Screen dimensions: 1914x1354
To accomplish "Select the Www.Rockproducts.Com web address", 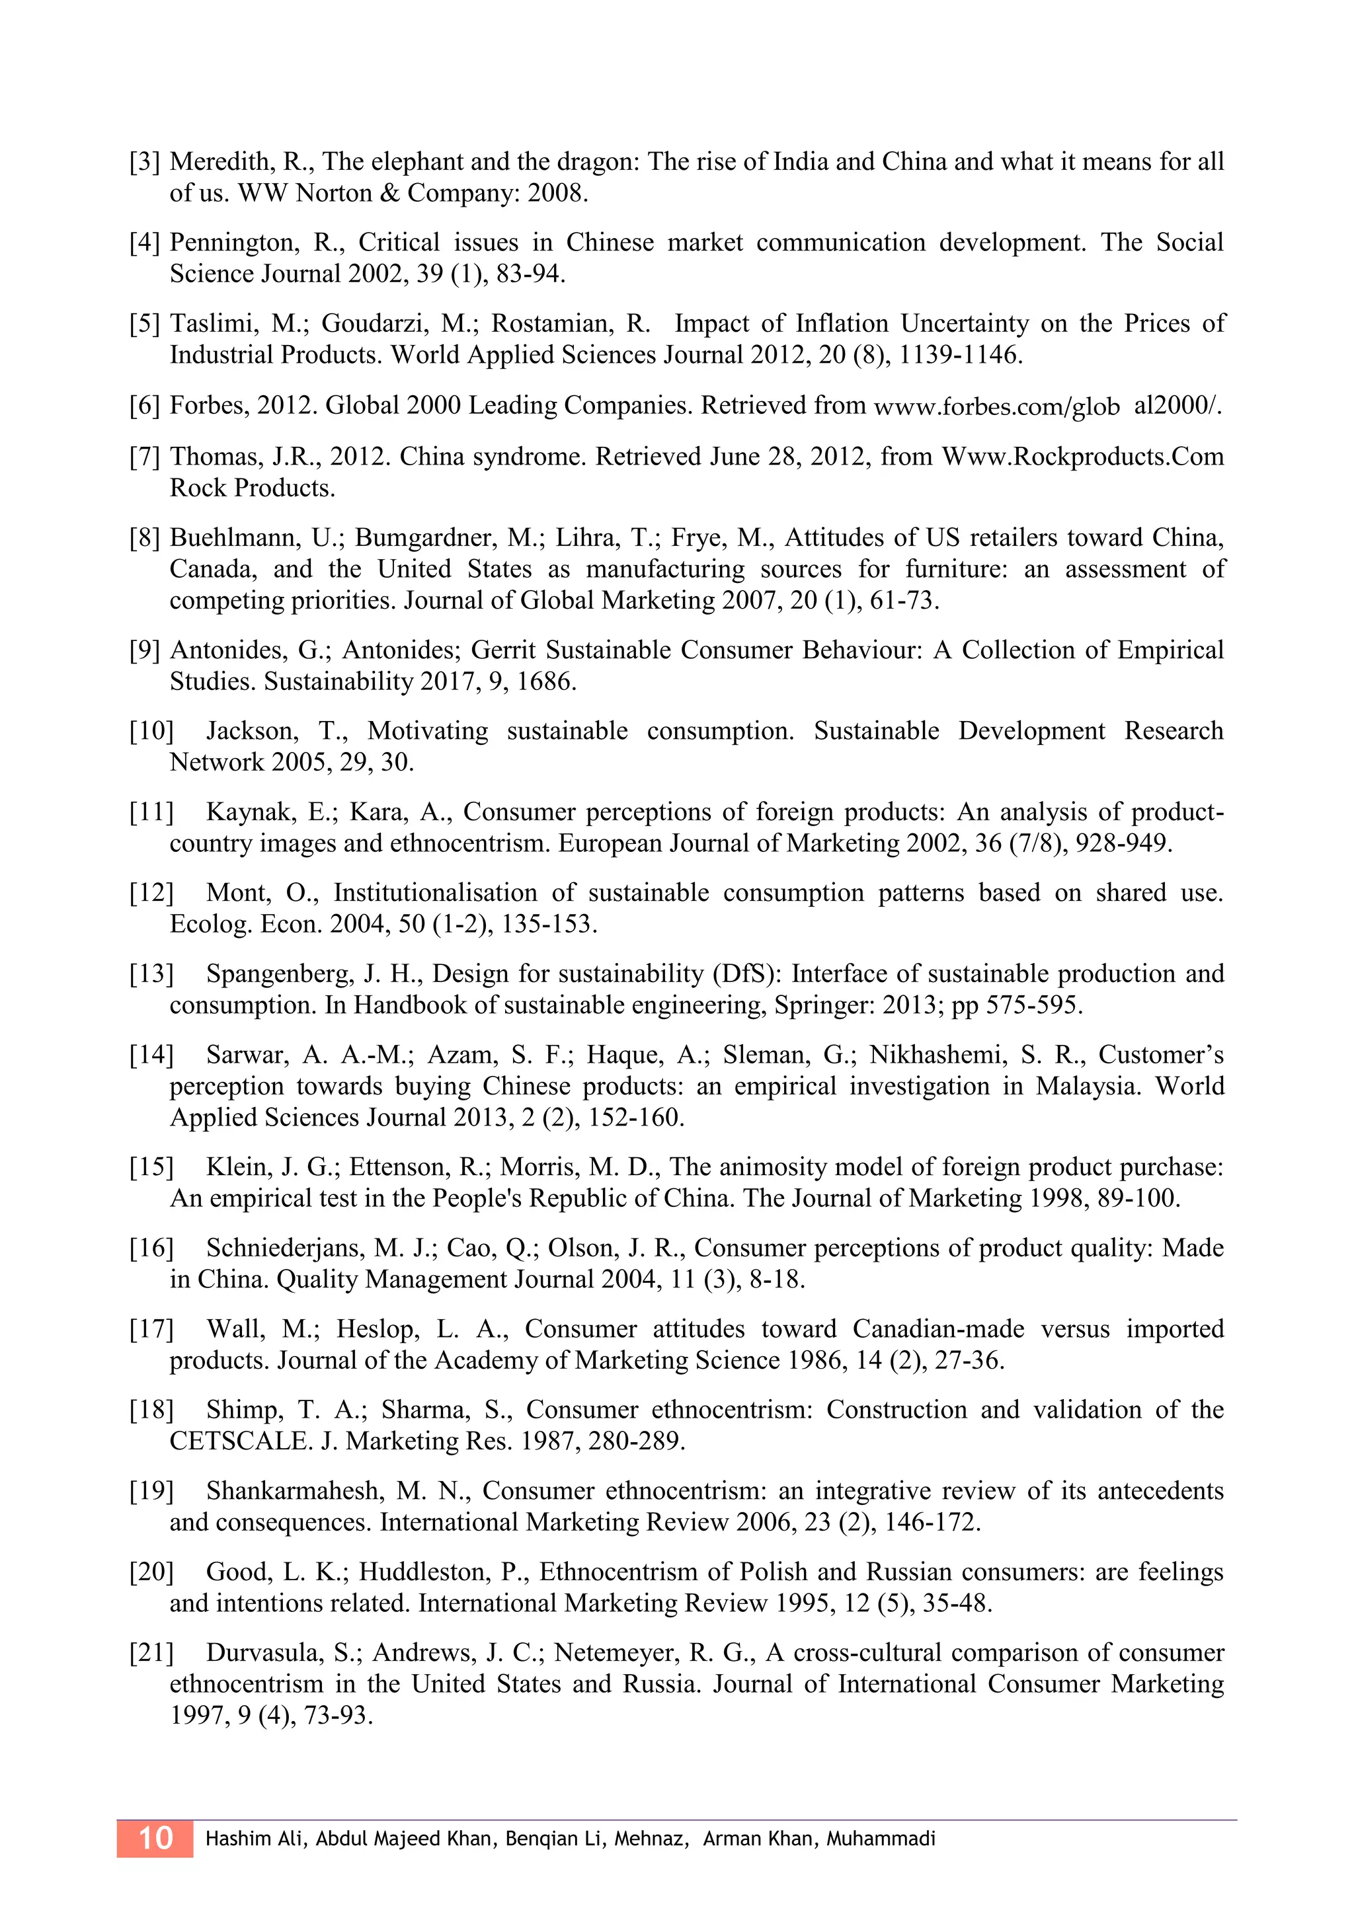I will pos(1083,457).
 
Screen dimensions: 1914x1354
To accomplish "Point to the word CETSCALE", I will pos(239,1441).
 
